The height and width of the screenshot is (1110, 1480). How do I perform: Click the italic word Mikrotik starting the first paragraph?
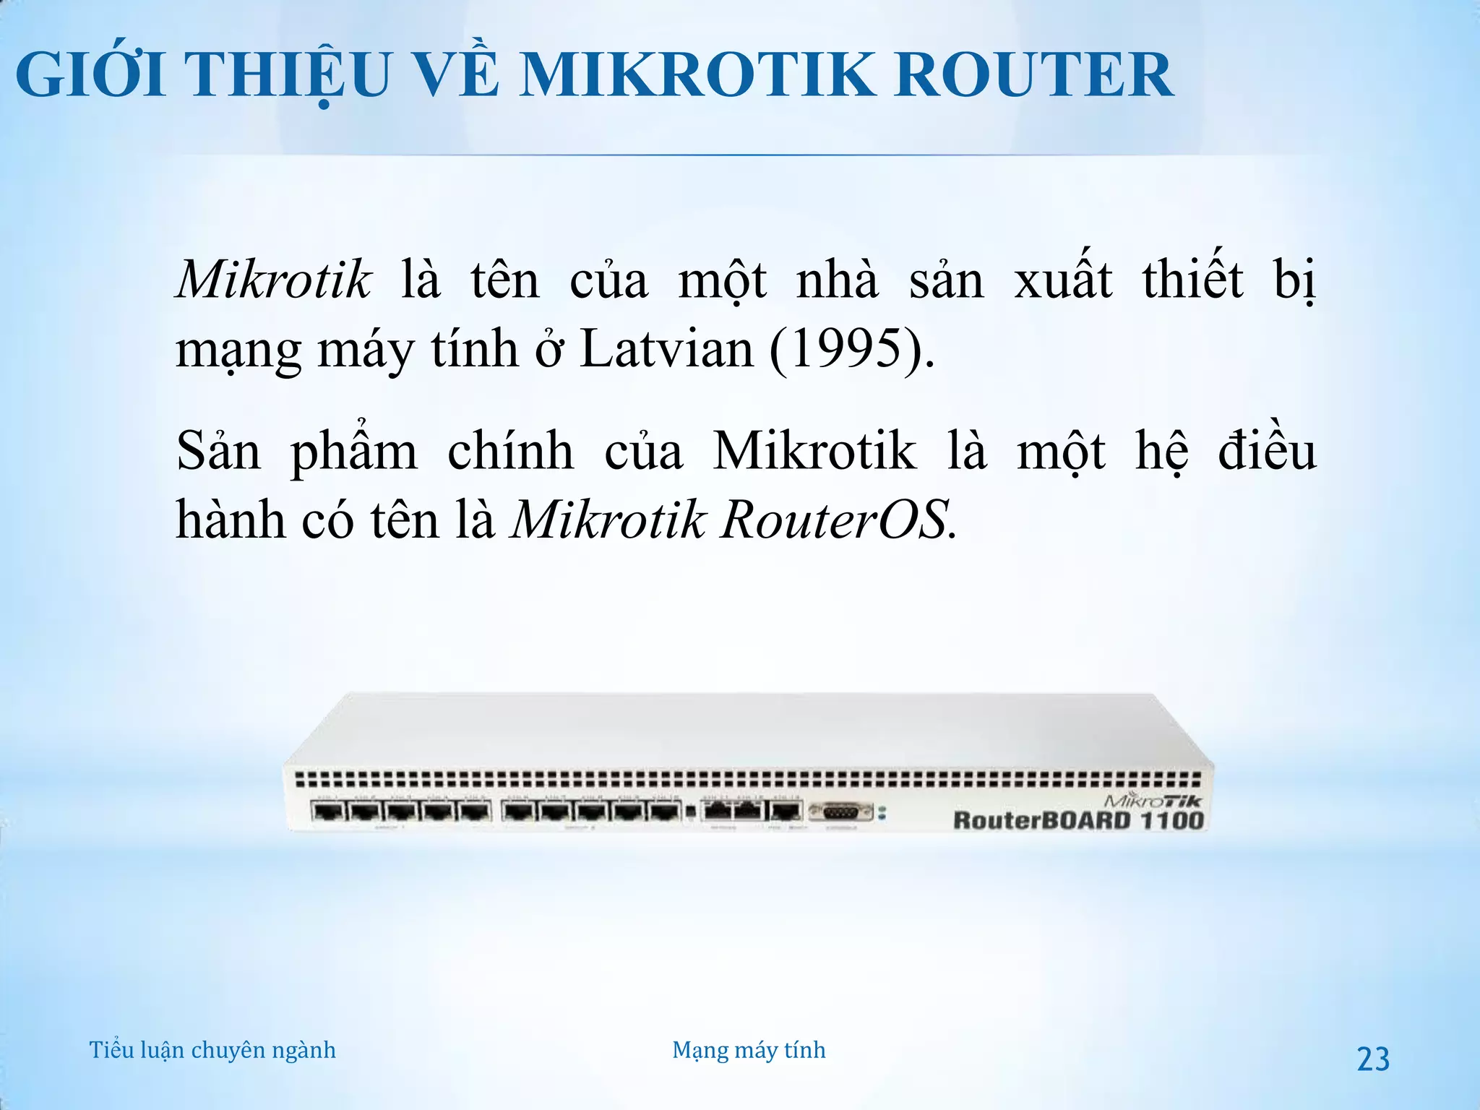pyautogui.click(x=274, y=279)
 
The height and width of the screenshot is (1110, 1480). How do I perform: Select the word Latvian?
pyautogui.click(x=667, y=349)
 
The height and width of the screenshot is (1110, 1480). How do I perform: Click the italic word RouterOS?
pyautogui.click(x=833, y=520)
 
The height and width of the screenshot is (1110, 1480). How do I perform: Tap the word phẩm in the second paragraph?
pyautogui.click(x=354, y=452)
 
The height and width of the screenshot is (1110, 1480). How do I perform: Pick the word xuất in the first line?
pyautogui.click(x=1063, y=279)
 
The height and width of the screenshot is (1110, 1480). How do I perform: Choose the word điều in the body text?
pyautogui.click(x=1267, y=452)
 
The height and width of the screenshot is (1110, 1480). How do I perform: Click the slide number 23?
pyautogui.click(x=1373, y=1059)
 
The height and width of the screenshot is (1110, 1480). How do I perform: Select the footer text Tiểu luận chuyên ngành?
pyautogui.click(x=212, y=1050)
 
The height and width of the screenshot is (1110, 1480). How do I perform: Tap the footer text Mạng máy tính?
pyautogui.click(x=749, y=1050)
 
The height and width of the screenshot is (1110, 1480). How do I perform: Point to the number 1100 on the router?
pyautogui.click(x=1172, y=821)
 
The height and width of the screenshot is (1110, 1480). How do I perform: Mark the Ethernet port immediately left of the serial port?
pyautogui.click(x=786, y=811)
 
